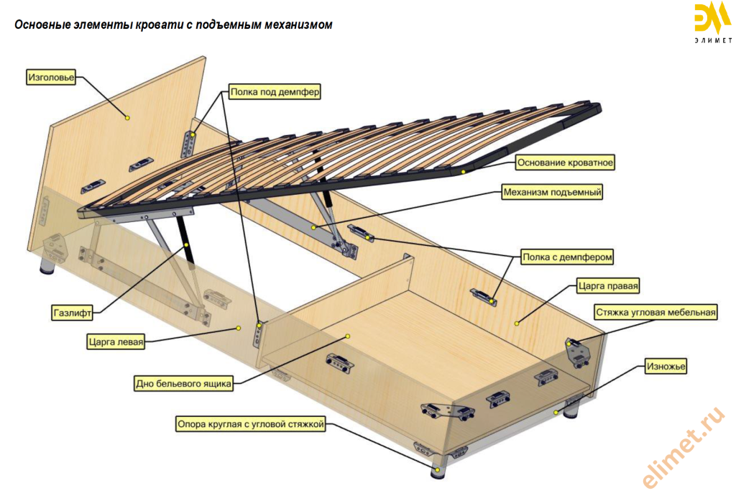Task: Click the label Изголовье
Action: [x=51, y=76]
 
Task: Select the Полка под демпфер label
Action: [x=275, y=92]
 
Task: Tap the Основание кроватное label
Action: [x=565, y=162]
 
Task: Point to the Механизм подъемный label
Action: [x=552, y=192]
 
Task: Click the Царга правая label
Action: [x=607, y=285]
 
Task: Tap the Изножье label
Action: [x=666, y=367]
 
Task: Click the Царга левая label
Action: [x=116, y=342]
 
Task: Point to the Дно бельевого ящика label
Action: [x=184, y=384]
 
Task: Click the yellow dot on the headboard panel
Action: [x=127, y=116]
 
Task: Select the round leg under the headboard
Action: [x=47, y=268]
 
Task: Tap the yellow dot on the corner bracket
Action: [x=571, y=344]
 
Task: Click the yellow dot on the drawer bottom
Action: [x=347, y=336]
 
